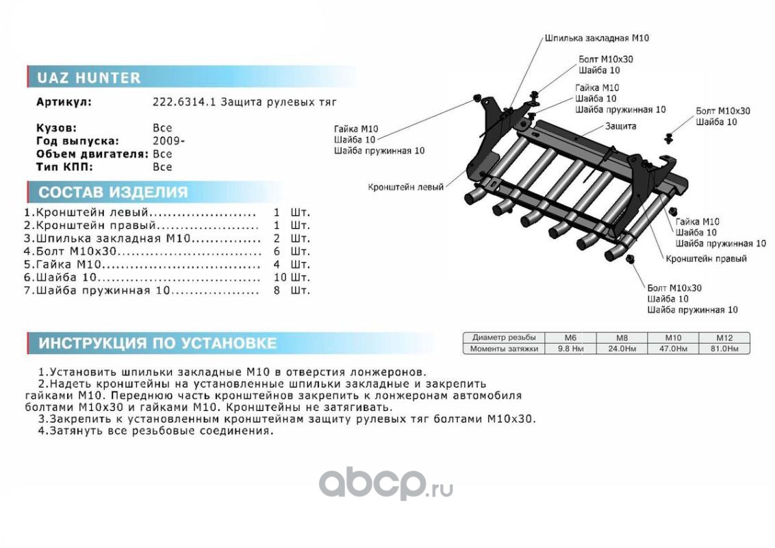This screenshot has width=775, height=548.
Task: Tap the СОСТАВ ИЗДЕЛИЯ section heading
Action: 113,192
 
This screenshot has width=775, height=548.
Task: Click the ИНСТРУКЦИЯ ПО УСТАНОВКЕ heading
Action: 157,343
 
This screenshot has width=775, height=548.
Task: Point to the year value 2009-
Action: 168,140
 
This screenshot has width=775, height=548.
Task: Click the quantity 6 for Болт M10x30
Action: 277,251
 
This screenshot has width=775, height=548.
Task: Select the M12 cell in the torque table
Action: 724,338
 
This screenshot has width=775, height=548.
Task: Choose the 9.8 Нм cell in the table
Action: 570,349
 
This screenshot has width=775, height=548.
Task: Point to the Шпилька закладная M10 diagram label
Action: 596,38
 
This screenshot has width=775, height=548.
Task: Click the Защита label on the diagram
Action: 620,126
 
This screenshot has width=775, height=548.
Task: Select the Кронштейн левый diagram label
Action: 405,186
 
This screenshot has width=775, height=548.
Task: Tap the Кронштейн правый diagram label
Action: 706,259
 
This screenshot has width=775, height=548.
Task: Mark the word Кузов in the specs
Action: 56,128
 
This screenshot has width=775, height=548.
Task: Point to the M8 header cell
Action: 621,338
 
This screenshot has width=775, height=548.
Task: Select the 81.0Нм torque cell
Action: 724,349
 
